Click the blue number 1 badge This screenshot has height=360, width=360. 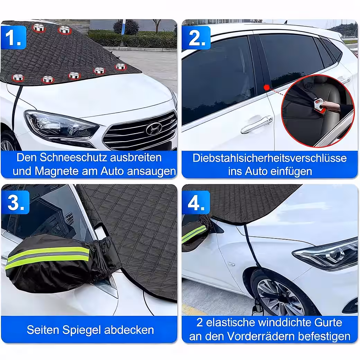pos(14,37)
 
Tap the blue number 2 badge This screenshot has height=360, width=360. pos(196,38)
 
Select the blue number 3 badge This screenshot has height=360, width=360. pos(15,202)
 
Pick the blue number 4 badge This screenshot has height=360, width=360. pos(196,202)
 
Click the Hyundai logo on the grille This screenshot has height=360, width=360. pos(154,128)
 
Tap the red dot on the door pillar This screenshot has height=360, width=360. pos(267,88)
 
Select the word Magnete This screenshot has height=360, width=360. pos(56,171)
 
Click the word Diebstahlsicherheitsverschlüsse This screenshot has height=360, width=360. pos(270,158)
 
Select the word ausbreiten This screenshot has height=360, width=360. pos(136,157)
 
